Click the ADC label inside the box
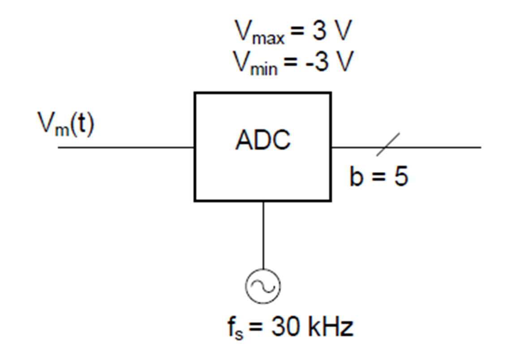coord(263,140)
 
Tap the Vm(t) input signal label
coord(66,124)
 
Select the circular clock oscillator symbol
coord(263,286)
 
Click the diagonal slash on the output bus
coord(388,144)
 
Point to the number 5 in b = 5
coord(401,176)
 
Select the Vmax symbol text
coord(259,32)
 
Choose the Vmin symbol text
coord(255,63)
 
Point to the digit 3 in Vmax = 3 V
coord(319,30)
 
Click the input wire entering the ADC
coord(126,147)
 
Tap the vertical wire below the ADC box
coord(263,235)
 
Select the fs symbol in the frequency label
coord(235,328)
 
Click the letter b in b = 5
coord(357,176)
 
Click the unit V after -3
coord(344,61)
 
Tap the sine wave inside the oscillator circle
coord(263,286)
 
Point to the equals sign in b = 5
coord(378,176)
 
